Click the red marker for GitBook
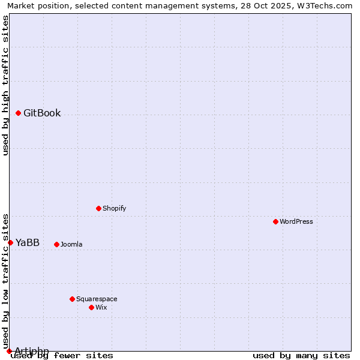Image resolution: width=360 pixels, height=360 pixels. [x=19, y=113]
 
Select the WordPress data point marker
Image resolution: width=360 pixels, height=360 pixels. [x=275, y=221]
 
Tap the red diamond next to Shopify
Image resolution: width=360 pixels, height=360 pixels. [x=98, y=208]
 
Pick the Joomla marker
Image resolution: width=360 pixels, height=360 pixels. [x=56, y=244]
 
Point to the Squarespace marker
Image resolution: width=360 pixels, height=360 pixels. [x=72, y=299]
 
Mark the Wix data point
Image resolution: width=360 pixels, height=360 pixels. [x=91, y=307]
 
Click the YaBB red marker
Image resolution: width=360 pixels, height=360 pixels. [x=10, y=242]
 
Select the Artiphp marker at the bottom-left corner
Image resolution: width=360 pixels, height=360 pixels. [x=9, y=351]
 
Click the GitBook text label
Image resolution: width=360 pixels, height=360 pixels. [x=42, y=113]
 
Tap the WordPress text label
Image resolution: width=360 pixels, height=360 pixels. [x=296, y=221]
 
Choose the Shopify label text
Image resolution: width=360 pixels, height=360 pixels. [x=115, y=208]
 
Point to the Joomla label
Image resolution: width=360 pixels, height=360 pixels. [x=71, y=244]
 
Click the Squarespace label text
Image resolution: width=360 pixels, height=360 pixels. [x=97, y=299]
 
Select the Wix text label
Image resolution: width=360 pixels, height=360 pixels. [x=101, y=307]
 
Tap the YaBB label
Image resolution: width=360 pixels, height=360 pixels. [x=28, y=243]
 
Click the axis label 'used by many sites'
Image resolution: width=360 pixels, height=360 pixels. [x=301, y=355]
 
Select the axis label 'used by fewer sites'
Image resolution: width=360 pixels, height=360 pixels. [x=62, y=355]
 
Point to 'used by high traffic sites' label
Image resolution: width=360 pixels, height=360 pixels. [x=6, y=85]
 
